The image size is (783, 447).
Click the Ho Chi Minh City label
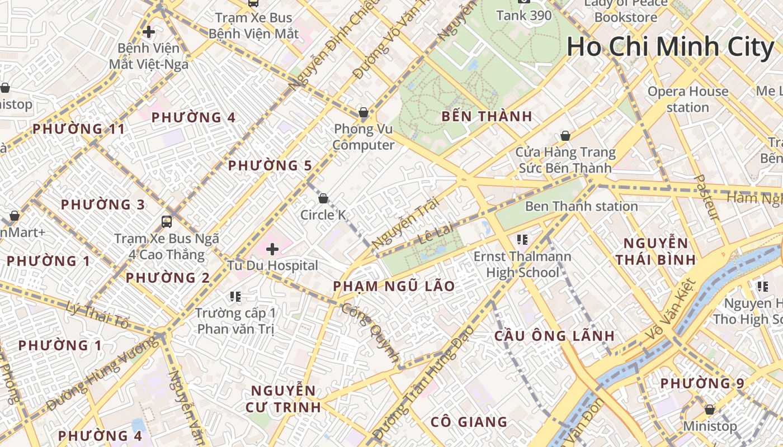tap(670, 47)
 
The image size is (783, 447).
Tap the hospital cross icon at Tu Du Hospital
tap(272, 249)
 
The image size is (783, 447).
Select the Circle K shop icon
tap(323, 198)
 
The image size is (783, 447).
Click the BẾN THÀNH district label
tap(487, 117)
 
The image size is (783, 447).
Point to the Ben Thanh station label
tap(581, 206)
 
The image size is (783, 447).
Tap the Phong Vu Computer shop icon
tap(364, 113)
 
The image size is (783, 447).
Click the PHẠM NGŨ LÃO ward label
tap(394, 287)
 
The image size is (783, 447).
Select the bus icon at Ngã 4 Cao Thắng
tap(167, 221)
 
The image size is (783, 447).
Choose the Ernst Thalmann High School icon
tap(522, 240)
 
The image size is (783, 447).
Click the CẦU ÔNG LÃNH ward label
tap(554, 336)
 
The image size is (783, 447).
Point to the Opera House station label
tap(688, 99)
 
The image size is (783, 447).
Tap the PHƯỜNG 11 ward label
tap(78, 129)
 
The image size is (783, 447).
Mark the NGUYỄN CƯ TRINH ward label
tap(283, 398)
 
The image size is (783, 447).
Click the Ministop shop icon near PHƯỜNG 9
tap(710, 410)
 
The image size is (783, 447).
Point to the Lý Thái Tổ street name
tap(97, 315)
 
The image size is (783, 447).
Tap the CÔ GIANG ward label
tap(469, 422)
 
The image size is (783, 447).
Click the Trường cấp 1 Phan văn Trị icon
tap(235, 296)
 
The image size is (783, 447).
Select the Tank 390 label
tap(524, 15)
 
